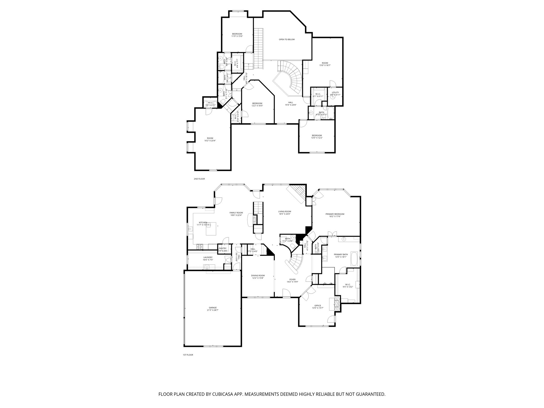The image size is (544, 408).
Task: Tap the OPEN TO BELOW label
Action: (287, 40)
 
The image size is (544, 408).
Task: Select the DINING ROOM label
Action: (258, 275)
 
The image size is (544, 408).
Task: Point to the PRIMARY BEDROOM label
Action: (335, 214)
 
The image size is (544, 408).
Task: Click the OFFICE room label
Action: (317, 306)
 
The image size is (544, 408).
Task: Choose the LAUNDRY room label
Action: (208, 257)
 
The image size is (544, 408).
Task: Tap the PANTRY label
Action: (223, 248)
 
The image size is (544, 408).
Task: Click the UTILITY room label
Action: (335, 92)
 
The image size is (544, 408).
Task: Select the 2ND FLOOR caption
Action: (199, 179)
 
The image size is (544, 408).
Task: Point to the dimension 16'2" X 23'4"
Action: (210, 141)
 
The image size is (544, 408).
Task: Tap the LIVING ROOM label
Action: (284, 211)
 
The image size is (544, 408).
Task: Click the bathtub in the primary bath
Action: (354, 259)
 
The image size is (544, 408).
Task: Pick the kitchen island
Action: (211, 229)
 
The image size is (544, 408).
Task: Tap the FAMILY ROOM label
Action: (236, 212)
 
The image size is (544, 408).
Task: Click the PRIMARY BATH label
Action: (341, 254)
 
